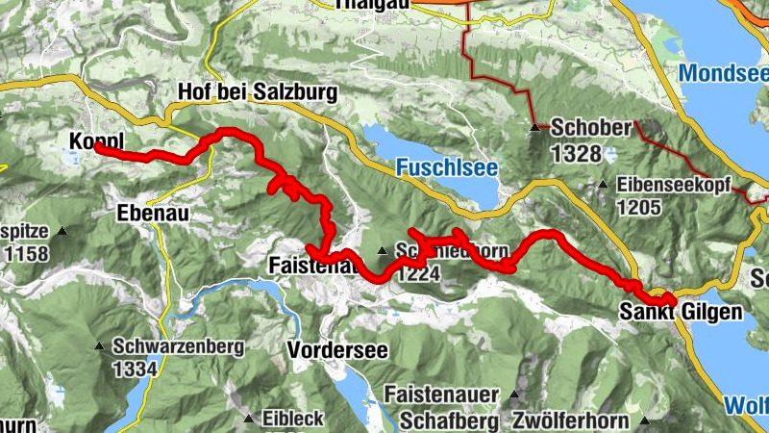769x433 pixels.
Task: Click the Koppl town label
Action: [93, 141]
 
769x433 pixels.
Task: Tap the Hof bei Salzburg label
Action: [258, 92]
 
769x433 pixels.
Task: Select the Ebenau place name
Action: [150, 213]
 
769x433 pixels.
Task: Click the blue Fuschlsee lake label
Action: [446, 167]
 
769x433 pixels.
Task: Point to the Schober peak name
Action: [590, 128]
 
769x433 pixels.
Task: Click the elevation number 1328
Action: [576, 152]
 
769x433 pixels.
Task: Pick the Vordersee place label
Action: [337, 350]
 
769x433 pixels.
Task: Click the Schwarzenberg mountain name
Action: [173, 345]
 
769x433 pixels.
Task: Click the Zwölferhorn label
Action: [571, 420]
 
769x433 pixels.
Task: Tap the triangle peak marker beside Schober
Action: [535, 127]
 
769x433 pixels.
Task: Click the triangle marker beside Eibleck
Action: [248, 419]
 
